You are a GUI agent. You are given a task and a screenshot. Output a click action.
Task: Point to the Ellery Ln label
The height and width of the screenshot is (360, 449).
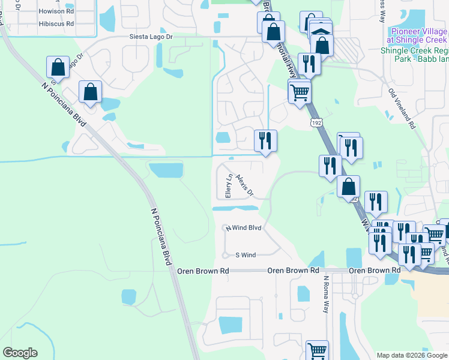coord(228,187)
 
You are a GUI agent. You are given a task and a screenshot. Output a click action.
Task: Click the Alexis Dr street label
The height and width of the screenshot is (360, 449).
coord(245,185)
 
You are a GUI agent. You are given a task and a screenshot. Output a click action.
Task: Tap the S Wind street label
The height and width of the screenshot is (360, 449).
coord(246,255)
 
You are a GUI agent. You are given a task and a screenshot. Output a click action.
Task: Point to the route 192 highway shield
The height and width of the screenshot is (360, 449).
coord(316,122)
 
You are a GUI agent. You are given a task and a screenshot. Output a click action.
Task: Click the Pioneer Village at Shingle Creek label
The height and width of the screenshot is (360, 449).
coord(415,35)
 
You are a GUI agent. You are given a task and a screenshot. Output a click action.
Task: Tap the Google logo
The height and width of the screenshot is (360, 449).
coord(20,353)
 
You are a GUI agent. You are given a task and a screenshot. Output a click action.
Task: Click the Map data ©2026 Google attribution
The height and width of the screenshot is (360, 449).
coord(412,355)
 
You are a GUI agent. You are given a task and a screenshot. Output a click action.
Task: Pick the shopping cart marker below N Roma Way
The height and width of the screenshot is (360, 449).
coord(317,350)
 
